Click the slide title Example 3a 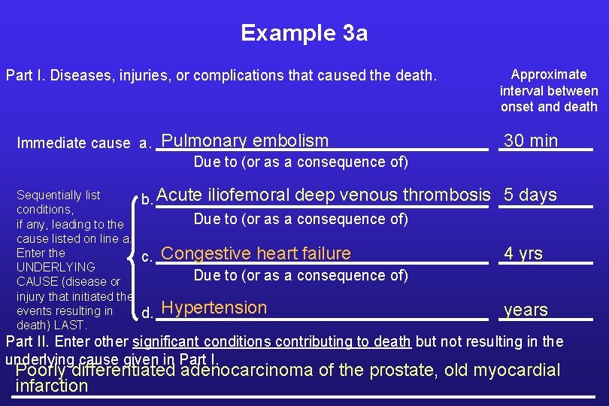point(304,33)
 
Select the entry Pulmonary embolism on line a point(245,141)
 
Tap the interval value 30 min point(531,141)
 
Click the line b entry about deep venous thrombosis point(323,195)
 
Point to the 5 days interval point(530,195)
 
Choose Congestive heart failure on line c point(256,253)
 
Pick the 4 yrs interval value point(523,253)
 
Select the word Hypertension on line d point(214,308)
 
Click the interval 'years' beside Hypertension point(526,310)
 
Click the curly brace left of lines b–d point(136,253)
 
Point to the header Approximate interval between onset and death point(549,90)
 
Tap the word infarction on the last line point(52,386)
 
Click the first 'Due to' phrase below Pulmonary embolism point(301,162)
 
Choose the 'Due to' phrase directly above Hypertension point(301,275)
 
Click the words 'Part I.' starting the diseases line point(23,76)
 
